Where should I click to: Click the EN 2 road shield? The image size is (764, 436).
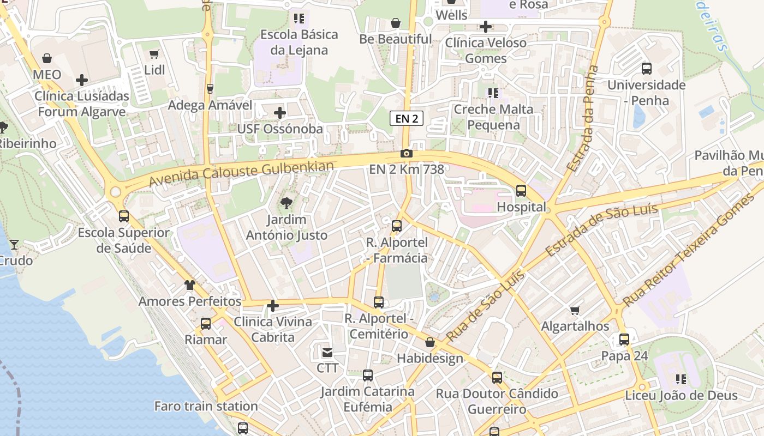tap(407, 118)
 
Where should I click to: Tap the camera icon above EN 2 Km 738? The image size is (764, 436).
tap(407, 154)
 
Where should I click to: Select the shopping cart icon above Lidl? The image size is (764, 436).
tap(154, 54)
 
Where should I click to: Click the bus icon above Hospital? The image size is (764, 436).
tap(521, 191)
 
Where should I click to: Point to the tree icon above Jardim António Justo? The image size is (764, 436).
tap(285, 204)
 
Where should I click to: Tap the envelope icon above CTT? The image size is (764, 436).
tap(327, 353)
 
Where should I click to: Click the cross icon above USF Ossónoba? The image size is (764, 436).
tap(280, 113)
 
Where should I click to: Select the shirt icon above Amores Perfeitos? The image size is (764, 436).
tap(189, 284)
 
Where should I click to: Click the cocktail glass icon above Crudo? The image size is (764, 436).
tap(14, 245)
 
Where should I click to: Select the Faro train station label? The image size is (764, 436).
tap(206, 406)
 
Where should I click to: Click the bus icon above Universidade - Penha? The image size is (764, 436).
tap(647, 69)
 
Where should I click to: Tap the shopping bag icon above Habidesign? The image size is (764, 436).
tap(430, 342)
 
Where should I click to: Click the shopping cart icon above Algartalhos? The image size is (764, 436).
tap(575, 311)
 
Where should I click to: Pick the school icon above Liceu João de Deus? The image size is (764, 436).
tap(681, 379)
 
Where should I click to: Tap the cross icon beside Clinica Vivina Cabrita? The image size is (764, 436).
tap(273, 306)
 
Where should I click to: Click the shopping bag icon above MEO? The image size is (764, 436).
tap(47, 58)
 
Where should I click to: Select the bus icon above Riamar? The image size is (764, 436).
tap(206, 324)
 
